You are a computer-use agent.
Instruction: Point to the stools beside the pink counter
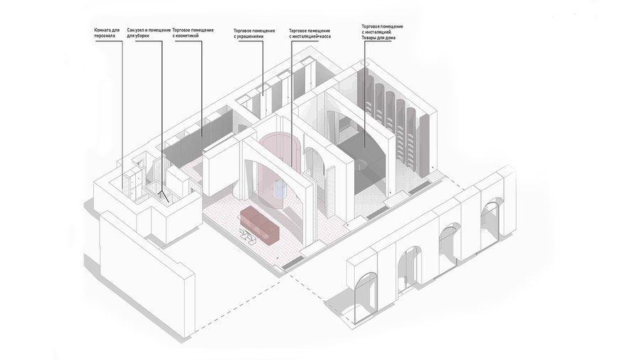tap(249, 238)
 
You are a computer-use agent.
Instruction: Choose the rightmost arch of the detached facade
tap(493, 216)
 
